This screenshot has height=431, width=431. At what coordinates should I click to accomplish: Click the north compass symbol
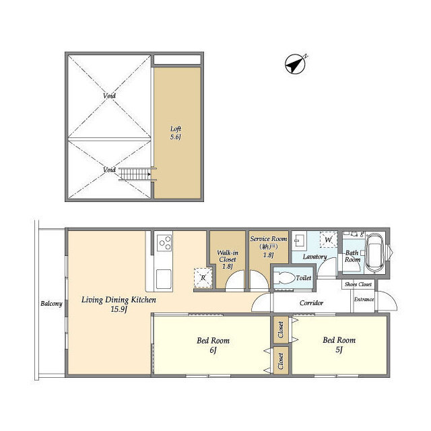(x=296, y=64)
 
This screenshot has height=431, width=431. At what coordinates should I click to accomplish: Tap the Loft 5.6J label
(x=176, y=133)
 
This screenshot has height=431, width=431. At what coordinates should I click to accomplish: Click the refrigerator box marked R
(x=203, y=277)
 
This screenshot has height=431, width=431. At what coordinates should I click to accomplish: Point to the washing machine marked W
(x=328, y=240)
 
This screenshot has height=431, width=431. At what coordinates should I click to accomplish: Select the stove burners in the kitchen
(x=164, y=243)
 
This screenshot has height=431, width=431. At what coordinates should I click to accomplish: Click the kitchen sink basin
(x=164, y=279)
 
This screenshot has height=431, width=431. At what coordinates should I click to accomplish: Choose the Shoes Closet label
(x=358, y=284)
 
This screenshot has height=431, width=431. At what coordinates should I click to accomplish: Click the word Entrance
(x=364, y=299)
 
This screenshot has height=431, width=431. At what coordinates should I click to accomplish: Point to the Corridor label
(x=311, y=303)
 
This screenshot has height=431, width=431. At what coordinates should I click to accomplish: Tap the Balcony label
(x=51, y=304)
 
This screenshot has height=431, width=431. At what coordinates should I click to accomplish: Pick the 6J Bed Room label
(x=213, y=345)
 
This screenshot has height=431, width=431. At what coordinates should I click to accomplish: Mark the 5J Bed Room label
(x=339, y=345)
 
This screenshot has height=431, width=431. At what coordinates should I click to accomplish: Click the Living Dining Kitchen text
(x=119, y=304)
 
